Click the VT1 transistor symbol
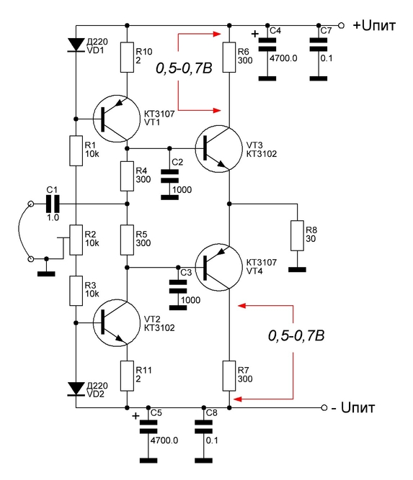pos(117,119)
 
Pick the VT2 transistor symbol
pos(117,323)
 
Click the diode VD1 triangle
pos(76,45)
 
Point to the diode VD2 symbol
pos(76,389)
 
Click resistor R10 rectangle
pos(127,58)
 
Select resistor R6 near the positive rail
pos(229,58)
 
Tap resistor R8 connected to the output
pos(297,235)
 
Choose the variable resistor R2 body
pos(76,240)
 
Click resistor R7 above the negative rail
pos(229,376)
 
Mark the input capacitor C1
pos(53,204)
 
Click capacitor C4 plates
pos(267,45)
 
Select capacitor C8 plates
pos(203,427)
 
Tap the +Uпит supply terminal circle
pos(341,25)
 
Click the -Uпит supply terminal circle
pos(324,408)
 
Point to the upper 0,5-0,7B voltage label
pos(184,68)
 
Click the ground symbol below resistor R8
pos(297,270)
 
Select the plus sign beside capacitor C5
pos(136,416)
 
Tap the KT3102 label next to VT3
pos(261,154)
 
